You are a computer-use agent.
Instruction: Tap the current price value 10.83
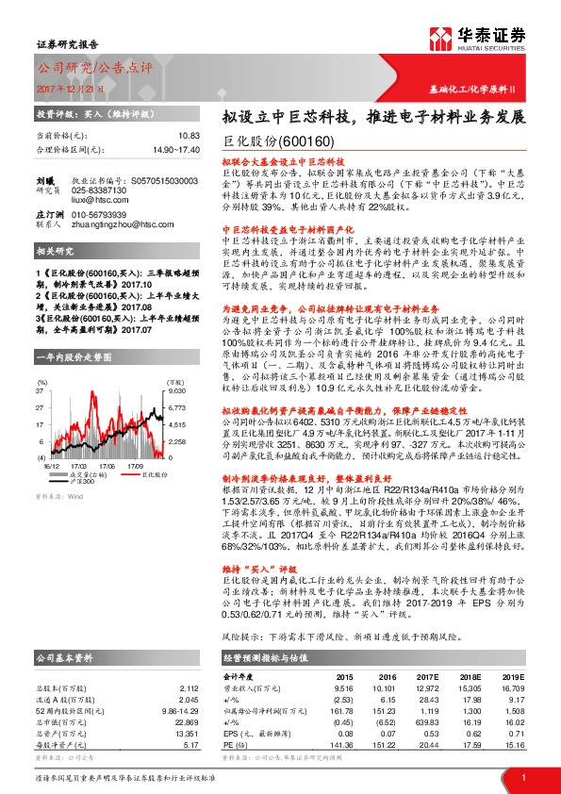pyautogui.click(x=189, y=137)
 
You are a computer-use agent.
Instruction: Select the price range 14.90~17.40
pyautogui.click(x=175, y=149)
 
